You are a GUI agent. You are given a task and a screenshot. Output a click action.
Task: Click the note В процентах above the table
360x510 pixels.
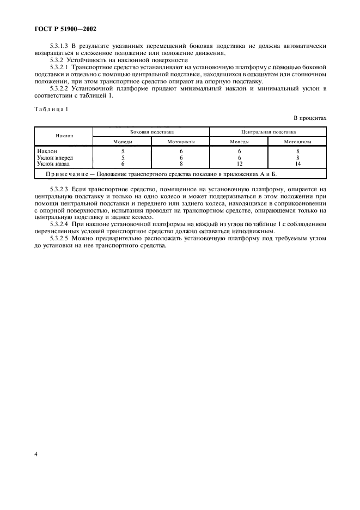[x=310, y=117]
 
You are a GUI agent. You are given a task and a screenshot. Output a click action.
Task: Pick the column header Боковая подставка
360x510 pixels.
[x=151, y=132]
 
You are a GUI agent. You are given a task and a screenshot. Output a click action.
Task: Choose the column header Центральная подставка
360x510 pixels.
[x=269, y=132]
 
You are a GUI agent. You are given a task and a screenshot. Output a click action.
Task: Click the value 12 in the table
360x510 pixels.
[x=239, y=163]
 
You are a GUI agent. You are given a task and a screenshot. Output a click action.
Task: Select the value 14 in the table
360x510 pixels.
[x=297, y=163]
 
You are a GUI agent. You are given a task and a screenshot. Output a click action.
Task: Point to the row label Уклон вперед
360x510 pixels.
[x=54, y=157]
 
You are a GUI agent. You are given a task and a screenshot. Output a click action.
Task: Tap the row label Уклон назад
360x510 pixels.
[x=53, y=163]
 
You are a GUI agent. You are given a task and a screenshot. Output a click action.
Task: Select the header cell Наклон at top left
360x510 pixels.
[x=64, y=136]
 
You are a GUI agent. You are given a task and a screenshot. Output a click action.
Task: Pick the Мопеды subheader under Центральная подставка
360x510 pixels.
[x=239, y=142]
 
